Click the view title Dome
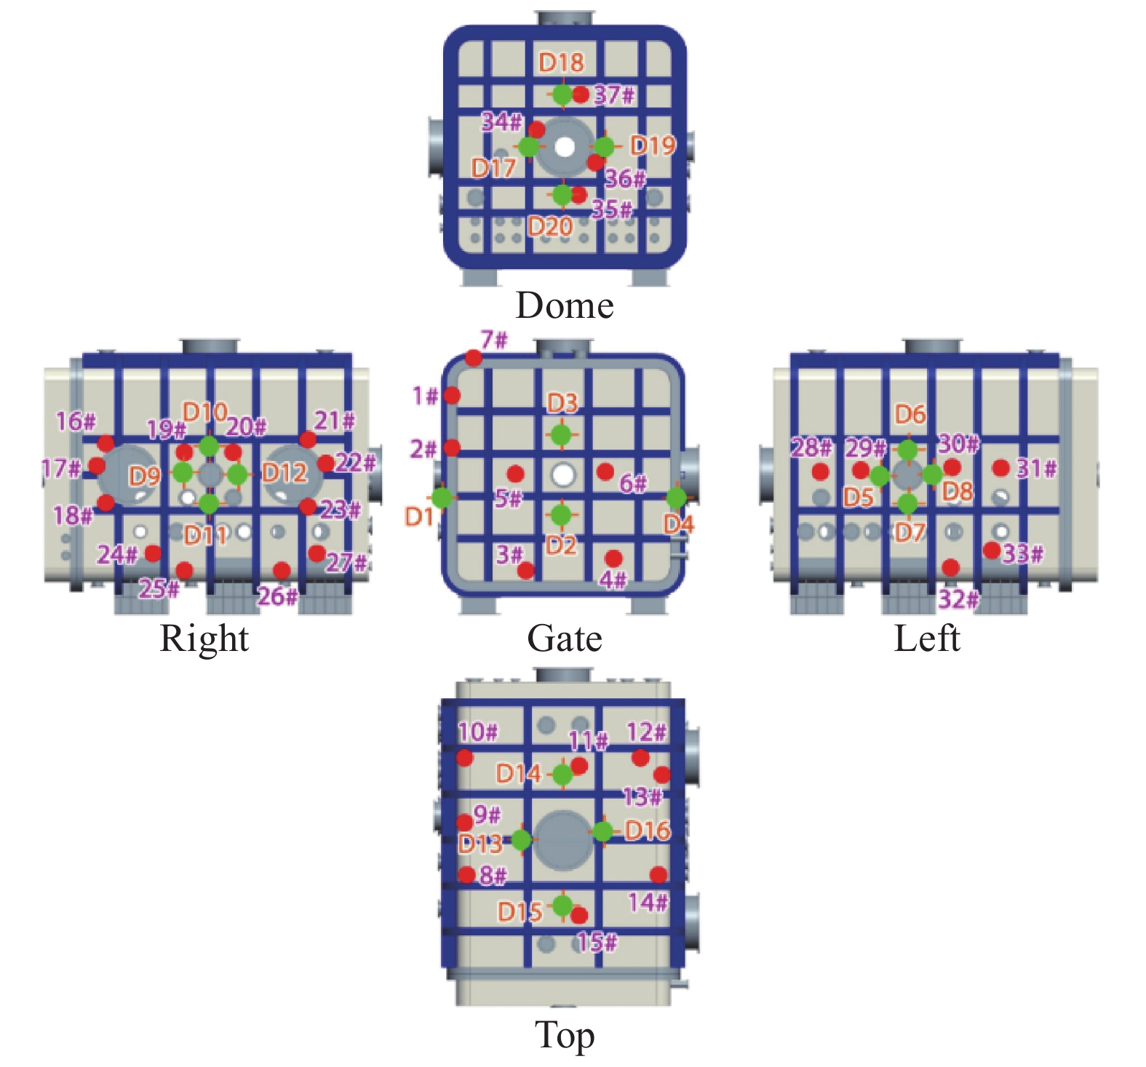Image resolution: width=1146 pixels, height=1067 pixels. (x=565, y=305)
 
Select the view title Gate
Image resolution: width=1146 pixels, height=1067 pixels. (x=565, y=639)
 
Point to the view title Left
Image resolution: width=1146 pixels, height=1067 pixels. (x=927, y=639)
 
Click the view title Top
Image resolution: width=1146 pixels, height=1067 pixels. (x=565, y=1036)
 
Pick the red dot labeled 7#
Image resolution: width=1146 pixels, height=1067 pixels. (x=474, y=358)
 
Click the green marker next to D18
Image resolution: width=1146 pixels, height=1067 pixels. (x=562, y=94)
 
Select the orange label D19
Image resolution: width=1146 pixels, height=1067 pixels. (x=653, y=145)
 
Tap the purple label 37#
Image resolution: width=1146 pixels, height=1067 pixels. (x=615, y=95)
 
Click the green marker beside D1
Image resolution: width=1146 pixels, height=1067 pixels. (x=442, y=497)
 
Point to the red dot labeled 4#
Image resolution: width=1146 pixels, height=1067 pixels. (x=613, y=559)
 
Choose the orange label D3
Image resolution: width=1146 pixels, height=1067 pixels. (x=562, y=402)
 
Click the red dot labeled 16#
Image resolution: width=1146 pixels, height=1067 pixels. (x=106, y=443)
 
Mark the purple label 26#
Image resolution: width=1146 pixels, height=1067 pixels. (x=278, y=596)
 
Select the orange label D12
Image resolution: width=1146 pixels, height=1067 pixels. (x=284, y=473)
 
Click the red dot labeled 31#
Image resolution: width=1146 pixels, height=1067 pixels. (x=1001, y=468)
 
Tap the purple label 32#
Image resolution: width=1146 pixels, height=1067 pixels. (x=958, y=599)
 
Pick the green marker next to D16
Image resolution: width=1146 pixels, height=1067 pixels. (x=602, y=831)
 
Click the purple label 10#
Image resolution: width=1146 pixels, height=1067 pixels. (x=478, y=732)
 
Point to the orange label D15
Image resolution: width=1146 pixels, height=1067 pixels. (x=520, y=911)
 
